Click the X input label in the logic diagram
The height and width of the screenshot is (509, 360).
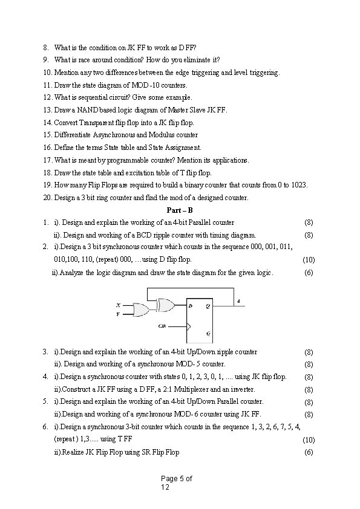point(117,305)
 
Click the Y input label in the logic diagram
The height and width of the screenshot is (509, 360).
point(117,314)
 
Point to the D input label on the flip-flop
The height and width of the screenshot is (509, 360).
point(191,306)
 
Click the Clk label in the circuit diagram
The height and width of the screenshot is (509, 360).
point(162,326)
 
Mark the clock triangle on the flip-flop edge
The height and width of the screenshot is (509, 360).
point(189,326)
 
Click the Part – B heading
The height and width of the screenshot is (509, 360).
point(180,210)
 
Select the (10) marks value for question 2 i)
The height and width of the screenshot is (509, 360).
point(309,260)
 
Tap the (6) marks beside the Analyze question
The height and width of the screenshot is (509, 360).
point(309,273)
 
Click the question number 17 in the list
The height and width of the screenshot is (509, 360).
point(47,160)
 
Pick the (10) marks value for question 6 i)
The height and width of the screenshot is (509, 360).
point(309,441)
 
